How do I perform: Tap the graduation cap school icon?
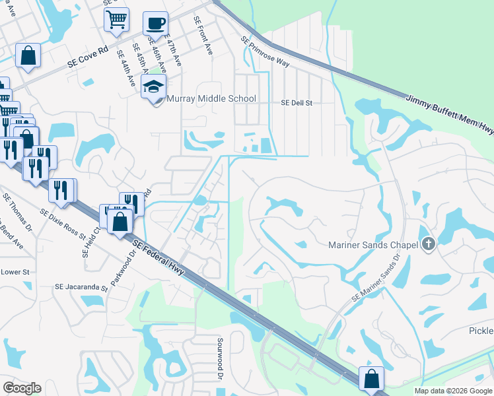[x=154, y=88]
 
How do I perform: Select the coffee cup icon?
[x=155, y=24]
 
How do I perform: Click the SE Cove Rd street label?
[x=87, y=58]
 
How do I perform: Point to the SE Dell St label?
[x=297, y=103]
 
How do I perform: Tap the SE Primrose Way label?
[x=265, y=51]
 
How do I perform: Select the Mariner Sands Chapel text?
[x=374, y=246]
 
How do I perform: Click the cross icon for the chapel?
[x=428, y=245]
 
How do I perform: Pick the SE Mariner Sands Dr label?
[x=376, y=281]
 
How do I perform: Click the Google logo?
[x=22, y=388]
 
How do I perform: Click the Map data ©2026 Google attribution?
[x=452, y=391]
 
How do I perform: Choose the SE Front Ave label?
[x=201, y=36]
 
